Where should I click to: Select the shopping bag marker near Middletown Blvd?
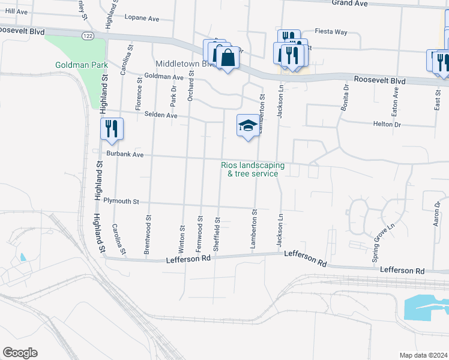pyautogui.click(x=228, y=58)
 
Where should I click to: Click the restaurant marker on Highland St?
pyautogui.click(x=112, y=129)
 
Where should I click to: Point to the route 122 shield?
pyautogui.click(x=88, y=37)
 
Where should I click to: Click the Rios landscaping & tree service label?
pyautogui.click(x=252, y=169)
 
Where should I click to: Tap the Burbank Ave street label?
pyautogui.click(x=125, y=154)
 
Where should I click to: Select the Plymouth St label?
pyautogui.click(x=121, y=202)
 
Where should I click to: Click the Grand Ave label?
pyautogui.click(x=349, y=4)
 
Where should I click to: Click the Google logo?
pyautogui.click(x=20, y=353)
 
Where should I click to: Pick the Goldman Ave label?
pyautogui.click(x=164, y=77)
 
